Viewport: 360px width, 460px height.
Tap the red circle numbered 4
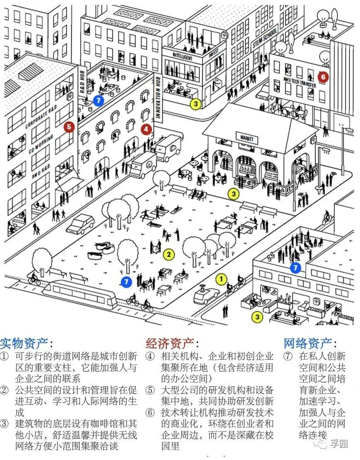point(146,130)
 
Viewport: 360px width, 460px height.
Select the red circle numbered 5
point(69,127)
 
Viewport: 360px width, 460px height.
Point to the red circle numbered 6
point(323,76)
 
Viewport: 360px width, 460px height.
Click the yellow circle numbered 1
point(221,279)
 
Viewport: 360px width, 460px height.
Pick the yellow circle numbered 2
point(169,254)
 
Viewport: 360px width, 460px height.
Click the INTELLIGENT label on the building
point(182,56)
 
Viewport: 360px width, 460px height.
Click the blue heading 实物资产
point(24,343)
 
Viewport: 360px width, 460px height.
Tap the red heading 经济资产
point(170,343)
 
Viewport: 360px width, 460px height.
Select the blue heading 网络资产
point(308,343)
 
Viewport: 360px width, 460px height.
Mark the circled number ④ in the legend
point(151,356)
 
